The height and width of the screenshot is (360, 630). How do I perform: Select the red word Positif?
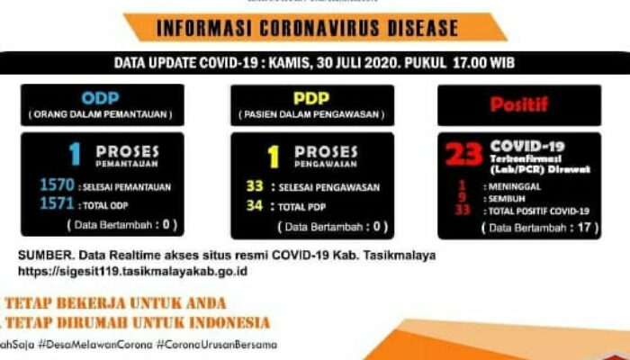pyautogui.click(x=518, y=104)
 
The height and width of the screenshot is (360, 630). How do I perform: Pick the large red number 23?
pyautogui.click(x=464, y=155)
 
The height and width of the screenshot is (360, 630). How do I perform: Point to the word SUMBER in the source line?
pyautogui.click(x=42, y=255)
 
